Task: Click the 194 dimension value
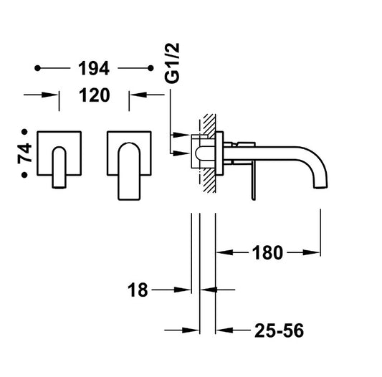click(x=94, y=68)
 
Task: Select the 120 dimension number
click(x=95, y=95)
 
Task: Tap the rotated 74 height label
click(x=24, y=153)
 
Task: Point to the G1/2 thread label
click(x=172, y=63)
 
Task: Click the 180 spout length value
click(x=267, y=252)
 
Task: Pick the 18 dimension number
click(x=138, y=290)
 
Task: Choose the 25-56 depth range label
click(x=280, y=330)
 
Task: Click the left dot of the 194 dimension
click(x=37, y=68)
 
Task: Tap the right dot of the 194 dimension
click(x=151, y=68)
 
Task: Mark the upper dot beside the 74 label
click(x=24, y=132)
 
